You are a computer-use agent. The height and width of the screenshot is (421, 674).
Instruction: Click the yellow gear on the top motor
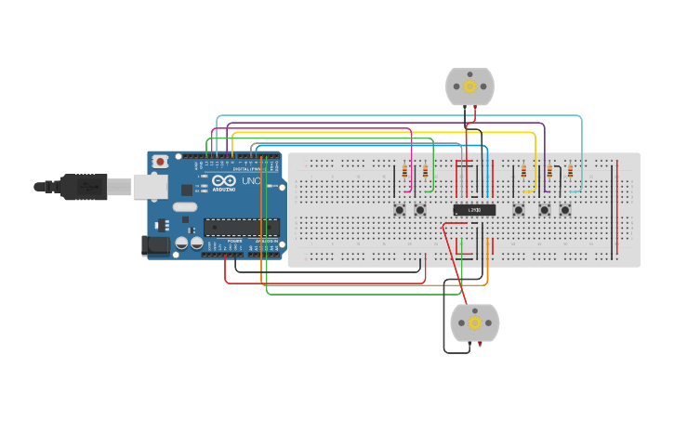(469, 86)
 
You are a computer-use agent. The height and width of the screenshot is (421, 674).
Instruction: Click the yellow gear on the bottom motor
(474, 322)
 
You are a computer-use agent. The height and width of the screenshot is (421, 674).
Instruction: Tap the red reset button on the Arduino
(161, 162)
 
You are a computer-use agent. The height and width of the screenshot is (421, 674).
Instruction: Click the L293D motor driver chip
(474, 210)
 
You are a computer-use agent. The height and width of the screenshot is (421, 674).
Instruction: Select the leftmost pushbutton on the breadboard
(400, 210)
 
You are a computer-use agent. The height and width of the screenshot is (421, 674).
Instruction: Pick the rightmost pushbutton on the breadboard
(564, 210)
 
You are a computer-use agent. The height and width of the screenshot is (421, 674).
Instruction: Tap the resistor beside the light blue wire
(570, 171)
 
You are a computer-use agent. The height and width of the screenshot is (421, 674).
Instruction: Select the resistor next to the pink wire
(404, 171)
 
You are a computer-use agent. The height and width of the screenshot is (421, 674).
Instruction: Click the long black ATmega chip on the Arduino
(242, 227)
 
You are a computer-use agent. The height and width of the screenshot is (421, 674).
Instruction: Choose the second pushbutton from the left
(420, 210)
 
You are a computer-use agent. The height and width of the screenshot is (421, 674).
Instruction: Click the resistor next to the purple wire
(548, 171)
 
